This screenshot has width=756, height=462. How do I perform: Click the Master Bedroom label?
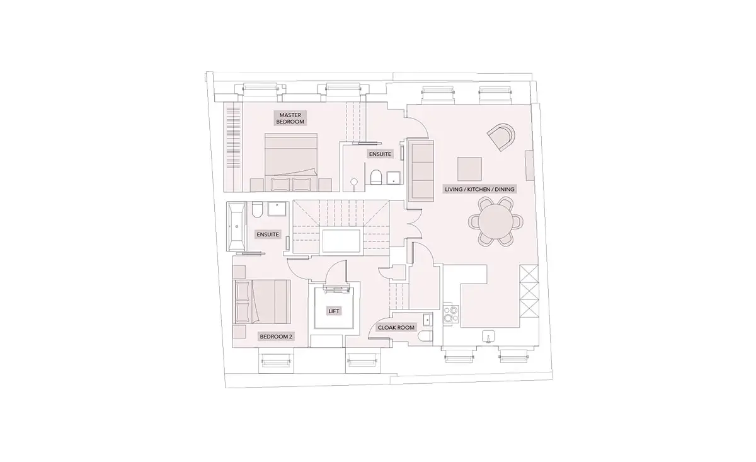(290, 118)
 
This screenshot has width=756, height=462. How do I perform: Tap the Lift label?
(334, 311)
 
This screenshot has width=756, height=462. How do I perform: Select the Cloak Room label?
(396, 328)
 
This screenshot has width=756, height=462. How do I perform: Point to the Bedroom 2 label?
(276, 337)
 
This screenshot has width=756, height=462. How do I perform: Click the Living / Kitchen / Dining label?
(479, 190)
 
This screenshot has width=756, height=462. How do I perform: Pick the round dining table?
(496, 221)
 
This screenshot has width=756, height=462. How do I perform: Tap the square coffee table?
(469, 169)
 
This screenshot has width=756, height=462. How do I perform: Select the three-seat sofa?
(421, 170)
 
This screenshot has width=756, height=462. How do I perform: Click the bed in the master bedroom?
(291, 163)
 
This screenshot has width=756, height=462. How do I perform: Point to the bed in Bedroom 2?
(262, 301)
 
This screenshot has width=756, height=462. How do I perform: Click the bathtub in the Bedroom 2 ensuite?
(237, 226)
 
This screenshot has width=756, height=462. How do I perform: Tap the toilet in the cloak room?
(426, 337)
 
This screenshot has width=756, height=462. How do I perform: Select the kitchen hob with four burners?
(451, 314)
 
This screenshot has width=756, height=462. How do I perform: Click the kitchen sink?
(488, 337)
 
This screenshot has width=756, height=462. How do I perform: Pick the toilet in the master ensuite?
(375, 177)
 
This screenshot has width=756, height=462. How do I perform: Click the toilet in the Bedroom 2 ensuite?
(257, 209)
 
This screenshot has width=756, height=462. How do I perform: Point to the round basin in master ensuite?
(353, 182)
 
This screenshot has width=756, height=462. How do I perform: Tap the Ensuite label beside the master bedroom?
(380, 154)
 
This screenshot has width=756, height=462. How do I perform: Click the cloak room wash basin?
(428, 319)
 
